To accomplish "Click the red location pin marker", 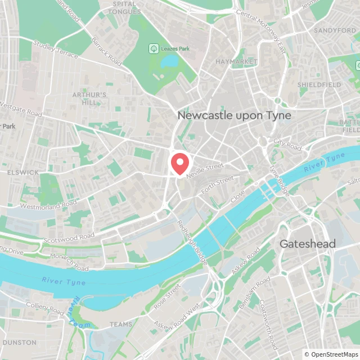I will [179, 163].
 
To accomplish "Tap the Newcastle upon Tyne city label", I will [235, 115].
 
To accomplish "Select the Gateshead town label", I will [308, 244].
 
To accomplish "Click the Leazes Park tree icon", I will [152, 49].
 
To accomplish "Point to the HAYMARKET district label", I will [236, 61].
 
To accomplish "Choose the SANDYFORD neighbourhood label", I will [335, 30].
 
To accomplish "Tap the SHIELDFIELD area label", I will [319, 84].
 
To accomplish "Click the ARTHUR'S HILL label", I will [89, 98].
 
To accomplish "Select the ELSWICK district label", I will [23, 173].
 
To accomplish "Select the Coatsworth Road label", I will [268, 323].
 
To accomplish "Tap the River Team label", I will [74, 316].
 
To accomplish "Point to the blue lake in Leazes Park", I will [169, 61].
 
